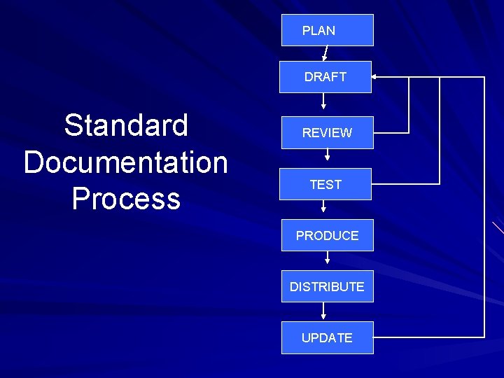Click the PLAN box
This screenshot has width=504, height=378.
327,30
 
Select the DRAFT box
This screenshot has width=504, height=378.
325,77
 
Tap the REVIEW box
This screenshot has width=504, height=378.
327,132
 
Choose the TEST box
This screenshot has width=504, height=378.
326,184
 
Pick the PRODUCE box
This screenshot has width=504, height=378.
327,235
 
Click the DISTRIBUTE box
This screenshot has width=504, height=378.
327,286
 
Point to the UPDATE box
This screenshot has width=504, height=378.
327,337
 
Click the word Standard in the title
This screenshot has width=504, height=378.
126,125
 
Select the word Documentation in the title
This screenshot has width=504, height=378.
126,162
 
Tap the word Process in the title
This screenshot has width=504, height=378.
126,199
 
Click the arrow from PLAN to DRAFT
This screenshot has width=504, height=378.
325,54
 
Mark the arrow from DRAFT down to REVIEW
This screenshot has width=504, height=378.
323,102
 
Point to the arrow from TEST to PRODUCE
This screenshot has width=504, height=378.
323,207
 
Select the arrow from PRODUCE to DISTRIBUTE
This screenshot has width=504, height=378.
327,259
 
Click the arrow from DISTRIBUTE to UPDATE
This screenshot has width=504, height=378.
323,311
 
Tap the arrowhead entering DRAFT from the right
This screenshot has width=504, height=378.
376,76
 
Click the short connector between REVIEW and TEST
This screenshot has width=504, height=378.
327,158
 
